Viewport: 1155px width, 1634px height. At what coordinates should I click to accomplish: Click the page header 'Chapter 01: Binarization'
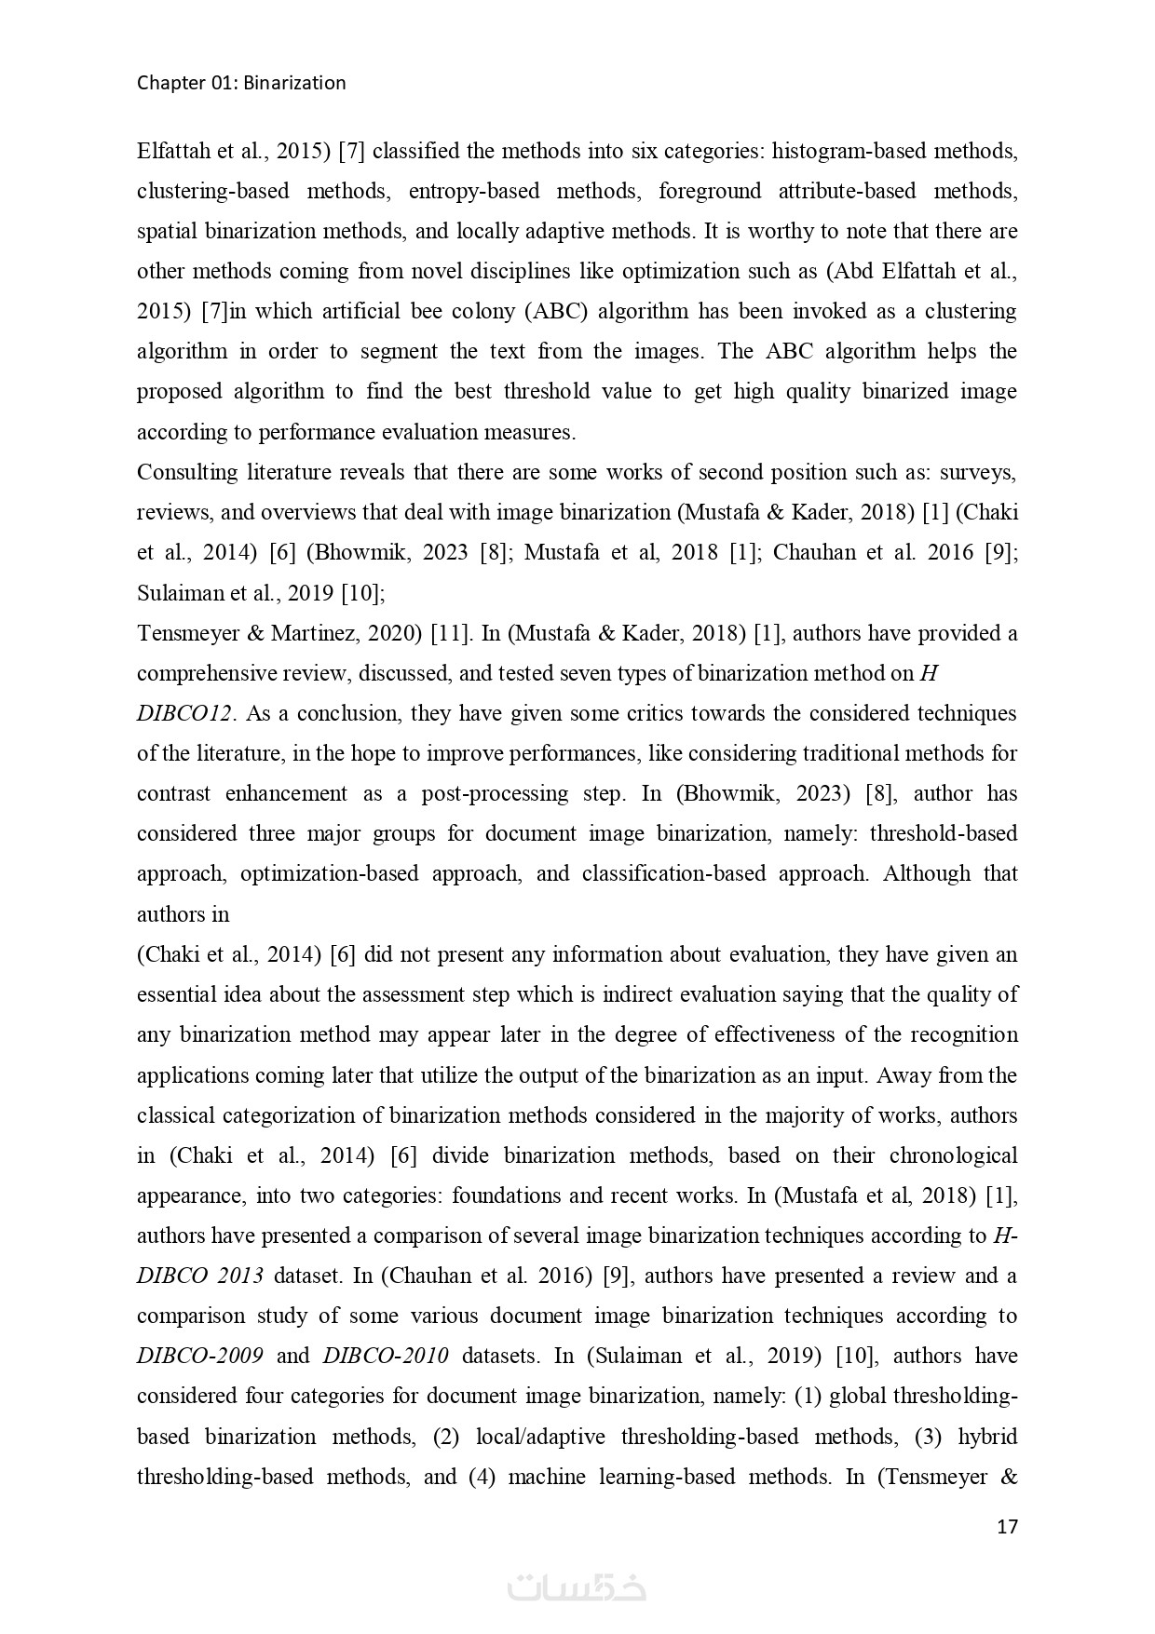click(x=241, y=83)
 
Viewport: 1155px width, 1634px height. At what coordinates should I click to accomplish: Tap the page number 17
click(x=1007, y=1527)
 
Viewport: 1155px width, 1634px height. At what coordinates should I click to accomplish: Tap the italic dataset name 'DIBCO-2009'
click(x=199, y=1356)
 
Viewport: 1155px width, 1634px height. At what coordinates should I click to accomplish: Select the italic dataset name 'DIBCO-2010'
click(x=386, y=1356)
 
